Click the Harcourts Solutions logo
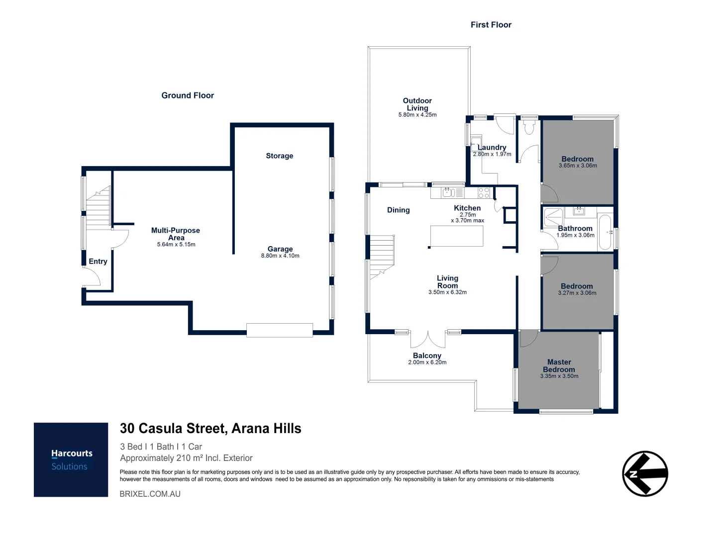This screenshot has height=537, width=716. coord(71,459)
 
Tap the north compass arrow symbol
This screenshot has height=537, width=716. coord(645,473)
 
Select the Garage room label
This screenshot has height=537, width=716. coord(280,249)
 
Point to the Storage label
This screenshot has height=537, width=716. coord(279,156)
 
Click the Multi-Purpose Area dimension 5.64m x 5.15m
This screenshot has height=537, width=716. coord(176,245)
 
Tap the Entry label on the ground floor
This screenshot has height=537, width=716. coord(98,262)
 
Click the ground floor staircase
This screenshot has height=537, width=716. coord(98,207)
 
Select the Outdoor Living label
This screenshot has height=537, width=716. coord(417,104)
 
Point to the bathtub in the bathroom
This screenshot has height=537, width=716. coord(605,232)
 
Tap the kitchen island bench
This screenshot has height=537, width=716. coord(456,236)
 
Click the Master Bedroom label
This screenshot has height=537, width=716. coord(559,366)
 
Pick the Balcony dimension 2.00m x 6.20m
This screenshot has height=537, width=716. coord(427,362)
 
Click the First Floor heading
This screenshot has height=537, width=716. coord(491,25)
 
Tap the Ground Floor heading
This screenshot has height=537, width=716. coord(188,95)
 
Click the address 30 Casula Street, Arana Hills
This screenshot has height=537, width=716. coord(210,429)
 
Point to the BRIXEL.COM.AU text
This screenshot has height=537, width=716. coord(150,494)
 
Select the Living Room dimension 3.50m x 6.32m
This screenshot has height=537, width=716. coord(447,292)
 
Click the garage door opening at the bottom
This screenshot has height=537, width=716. coord(280,330)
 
